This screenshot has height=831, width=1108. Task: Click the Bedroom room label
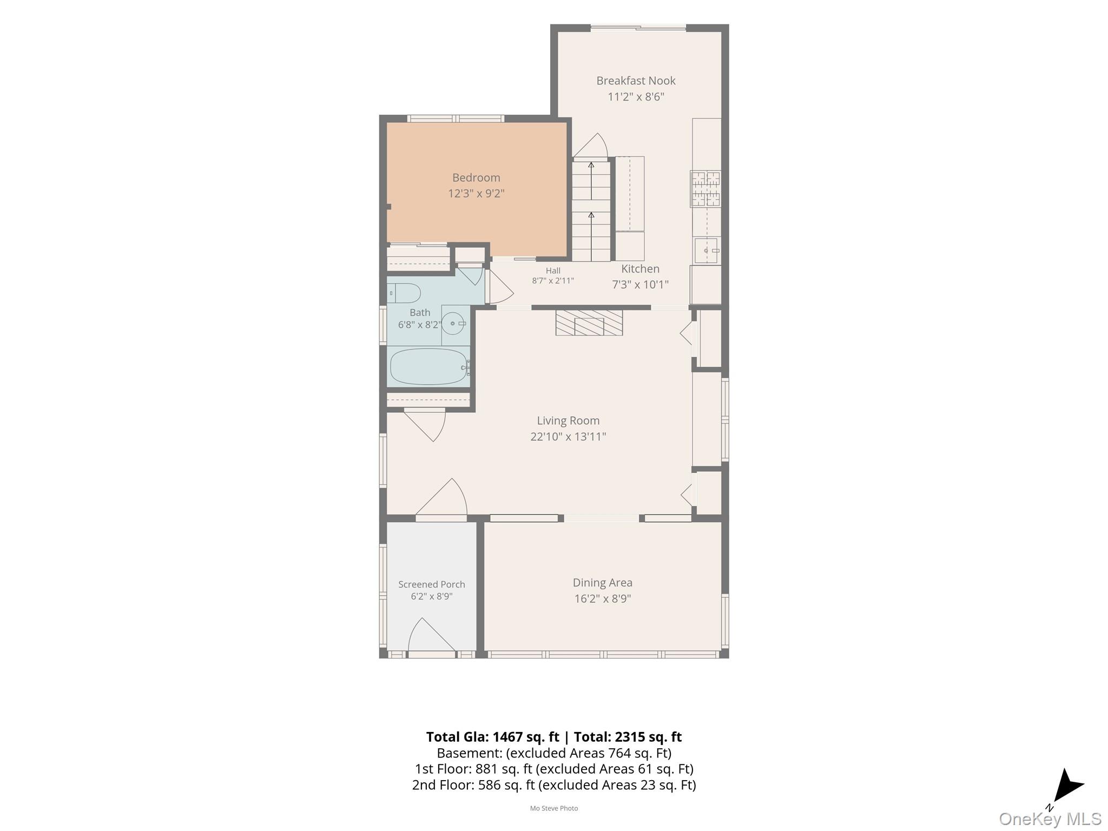(x=476, y=177)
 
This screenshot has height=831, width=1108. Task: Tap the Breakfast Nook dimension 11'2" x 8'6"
(x=636, y=97)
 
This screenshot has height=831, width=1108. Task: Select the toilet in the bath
(x=404, y=293)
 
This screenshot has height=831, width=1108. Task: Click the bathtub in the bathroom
(x=429, y=366)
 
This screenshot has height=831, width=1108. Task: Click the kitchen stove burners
(x=705, y=189)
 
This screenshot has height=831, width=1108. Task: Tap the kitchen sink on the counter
(x=707, y=250)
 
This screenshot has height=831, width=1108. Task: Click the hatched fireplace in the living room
(x=589, y=322)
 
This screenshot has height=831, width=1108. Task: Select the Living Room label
(x=568, y=420)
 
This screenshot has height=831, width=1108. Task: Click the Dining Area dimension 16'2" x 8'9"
(x=603, y=598)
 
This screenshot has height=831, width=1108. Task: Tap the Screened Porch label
(x=432, y=584)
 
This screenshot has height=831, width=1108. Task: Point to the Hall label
(x=553, y=271)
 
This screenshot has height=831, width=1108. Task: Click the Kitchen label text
(x=640, y=269)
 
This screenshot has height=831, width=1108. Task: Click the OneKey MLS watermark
(x=1050, y=819)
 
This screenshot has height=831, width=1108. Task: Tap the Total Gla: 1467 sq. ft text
(x=492, y=737)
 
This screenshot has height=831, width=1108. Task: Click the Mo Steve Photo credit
(x=554, y=808)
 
